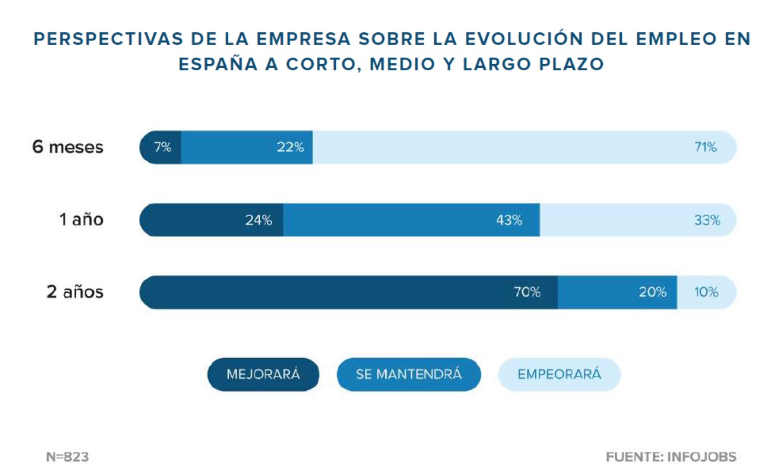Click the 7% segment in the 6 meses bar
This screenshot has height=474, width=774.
coord(161,148)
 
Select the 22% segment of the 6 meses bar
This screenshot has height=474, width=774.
coord(247,148)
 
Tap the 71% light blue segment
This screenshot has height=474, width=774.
coord(524,148)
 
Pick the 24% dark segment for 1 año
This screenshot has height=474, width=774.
coord(212,221)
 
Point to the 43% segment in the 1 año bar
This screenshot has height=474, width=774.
coord(411,221)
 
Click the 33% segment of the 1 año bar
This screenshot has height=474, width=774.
coord(638,221)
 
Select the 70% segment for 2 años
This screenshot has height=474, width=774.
coord(349,292)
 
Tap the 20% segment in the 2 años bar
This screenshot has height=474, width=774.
coord(617,292)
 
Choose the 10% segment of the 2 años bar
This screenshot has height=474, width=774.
coord(706,292)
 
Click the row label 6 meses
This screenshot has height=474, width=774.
coord(68,148)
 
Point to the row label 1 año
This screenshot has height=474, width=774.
coord(81,221)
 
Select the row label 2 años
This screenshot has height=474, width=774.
coord(75,292)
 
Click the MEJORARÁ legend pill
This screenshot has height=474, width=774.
coord(263,374)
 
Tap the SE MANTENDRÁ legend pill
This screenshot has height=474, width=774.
coord(409,374)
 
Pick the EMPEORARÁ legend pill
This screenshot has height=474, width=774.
coord(559,374)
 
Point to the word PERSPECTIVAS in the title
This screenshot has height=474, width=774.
coord(94,39)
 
